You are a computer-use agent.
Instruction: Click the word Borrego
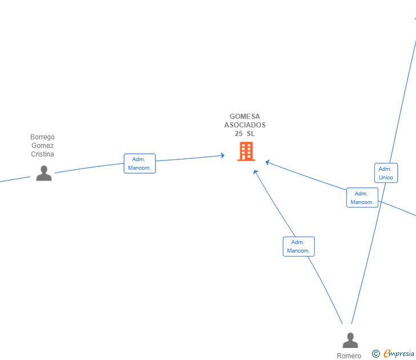42,137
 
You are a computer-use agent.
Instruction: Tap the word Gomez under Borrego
42,145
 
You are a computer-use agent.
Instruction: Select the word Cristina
42,154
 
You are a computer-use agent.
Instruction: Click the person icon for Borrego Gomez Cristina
44,173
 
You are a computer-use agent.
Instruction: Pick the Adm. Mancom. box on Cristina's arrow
139,163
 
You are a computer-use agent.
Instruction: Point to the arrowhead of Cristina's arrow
223,155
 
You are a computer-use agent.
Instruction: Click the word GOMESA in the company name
245,117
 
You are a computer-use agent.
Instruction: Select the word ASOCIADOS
245,125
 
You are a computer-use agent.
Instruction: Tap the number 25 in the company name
238,134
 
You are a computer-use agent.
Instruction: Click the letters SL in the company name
251,134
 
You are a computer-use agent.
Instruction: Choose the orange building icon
246,151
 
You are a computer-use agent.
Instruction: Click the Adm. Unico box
386,173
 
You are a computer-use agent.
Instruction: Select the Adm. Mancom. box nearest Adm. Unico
362,198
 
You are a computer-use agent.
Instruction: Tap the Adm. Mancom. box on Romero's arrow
299,246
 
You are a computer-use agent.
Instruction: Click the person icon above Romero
350,340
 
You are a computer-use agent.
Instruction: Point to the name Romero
349,356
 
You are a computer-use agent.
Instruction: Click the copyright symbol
375,354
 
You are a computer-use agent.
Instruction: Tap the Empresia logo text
399,353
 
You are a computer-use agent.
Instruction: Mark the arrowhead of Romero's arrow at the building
255,172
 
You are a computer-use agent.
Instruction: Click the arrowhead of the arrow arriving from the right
267,162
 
